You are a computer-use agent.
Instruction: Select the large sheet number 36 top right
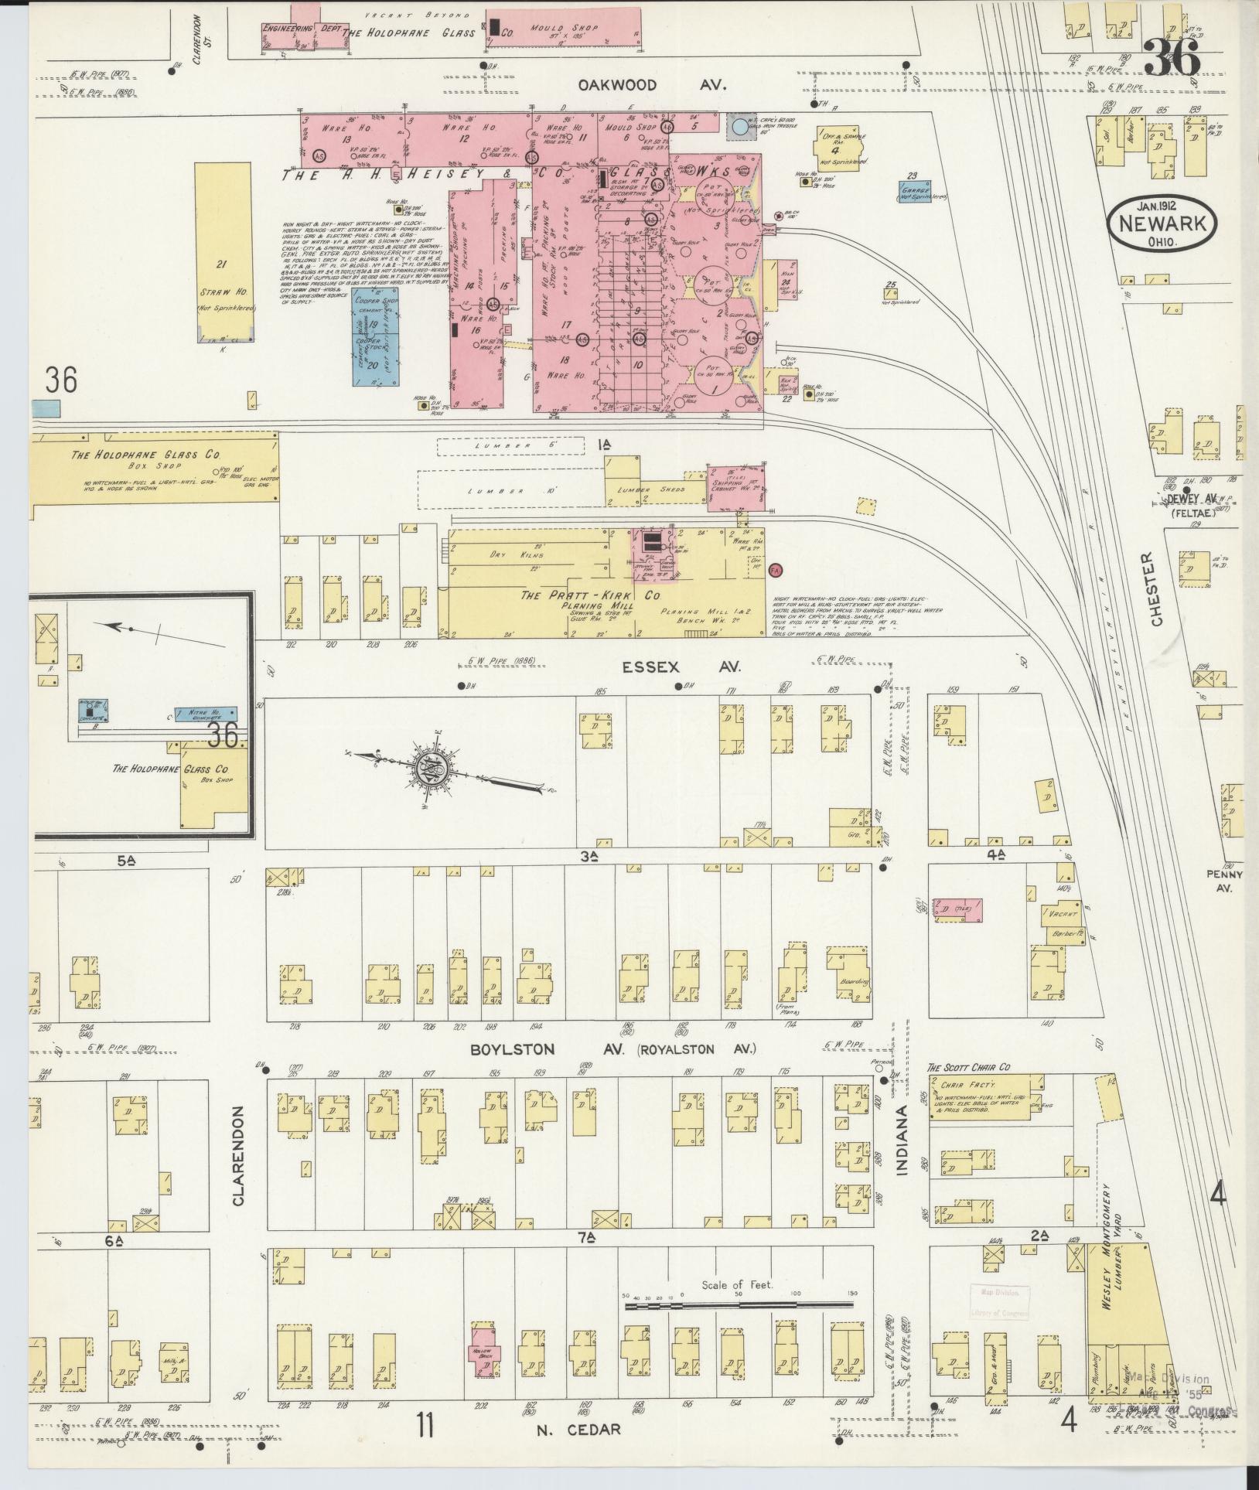tap(1171, 56)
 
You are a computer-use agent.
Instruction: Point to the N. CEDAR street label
tap(578, 1429)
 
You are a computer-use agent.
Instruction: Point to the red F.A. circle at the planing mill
tap(777, 570)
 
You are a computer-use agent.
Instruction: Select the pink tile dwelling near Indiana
tap(957, 909)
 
